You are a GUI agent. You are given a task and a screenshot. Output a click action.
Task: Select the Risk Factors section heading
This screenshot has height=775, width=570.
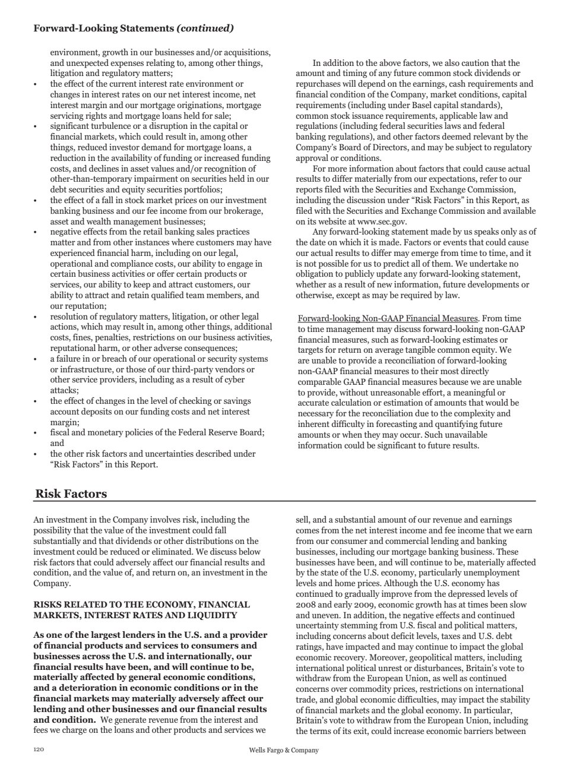71,494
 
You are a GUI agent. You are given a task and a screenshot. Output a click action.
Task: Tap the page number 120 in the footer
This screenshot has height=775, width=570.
39,750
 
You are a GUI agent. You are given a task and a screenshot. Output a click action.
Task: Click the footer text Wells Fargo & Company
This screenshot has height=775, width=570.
284,750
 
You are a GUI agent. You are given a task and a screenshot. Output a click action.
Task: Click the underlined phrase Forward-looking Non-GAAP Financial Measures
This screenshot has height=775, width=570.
388,319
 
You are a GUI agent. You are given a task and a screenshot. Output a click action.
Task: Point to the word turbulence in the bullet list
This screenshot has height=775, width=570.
109,126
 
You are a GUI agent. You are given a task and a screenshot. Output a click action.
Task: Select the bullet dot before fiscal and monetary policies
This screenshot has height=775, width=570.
36,433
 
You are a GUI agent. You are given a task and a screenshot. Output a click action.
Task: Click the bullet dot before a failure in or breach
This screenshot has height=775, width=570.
36,359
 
